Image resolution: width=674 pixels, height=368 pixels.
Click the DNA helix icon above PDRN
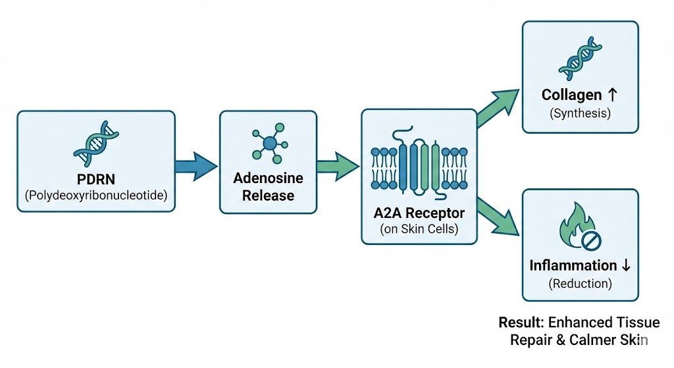click(96, 144)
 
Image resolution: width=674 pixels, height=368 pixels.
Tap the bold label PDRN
click(96, 179)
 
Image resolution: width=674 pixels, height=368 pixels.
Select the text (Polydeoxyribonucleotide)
click(96, 196)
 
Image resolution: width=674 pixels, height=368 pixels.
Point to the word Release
click(268, 196)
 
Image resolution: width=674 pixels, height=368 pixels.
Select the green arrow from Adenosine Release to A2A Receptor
click(339, 163)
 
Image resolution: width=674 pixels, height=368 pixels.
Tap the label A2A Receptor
click(419, 213)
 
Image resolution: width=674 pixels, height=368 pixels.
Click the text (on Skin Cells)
click(419, 229)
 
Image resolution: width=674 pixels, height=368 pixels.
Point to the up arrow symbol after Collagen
click(613, 95)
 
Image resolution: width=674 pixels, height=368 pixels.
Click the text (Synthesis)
click(580, 113)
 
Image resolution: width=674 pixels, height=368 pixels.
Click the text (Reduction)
click(580, 284)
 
